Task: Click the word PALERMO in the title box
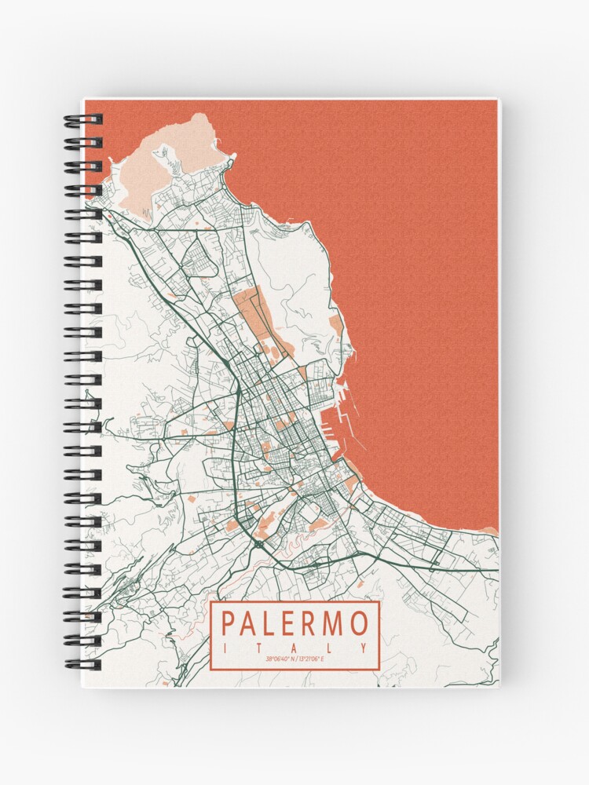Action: pos(294,624)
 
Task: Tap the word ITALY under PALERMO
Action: pos(294,648)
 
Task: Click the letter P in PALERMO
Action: pos(229,624)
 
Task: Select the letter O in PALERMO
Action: pos(358,624)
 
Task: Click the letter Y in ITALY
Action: pos(364,648)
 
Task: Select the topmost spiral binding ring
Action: pos(83,120)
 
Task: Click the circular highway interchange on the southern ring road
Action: pos(259,542)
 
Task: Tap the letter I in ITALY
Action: pos(226,648)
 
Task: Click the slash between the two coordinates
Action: pos(295,659)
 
